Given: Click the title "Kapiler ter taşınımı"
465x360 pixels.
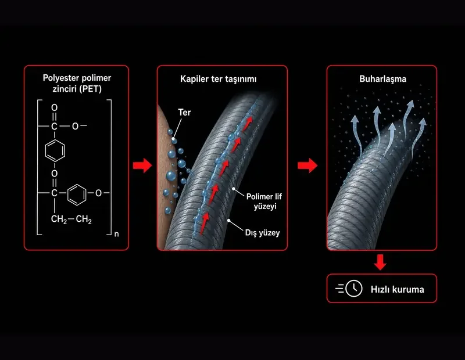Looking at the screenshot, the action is tap(219, 79).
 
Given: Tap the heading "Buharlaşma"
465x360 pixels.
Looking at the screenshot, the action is tap(382, 79).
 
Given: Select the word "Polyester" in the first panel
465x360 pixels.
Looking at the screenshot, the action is tap(60, 78).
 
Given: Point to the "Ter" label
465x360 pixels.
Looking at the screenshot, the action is tap(184, 112).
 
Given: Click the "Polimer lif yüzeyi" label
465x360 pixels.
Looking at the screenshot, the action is tap(264, 201).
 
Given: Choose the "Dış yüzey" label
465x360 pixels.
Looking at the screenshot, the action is tap(262, 233).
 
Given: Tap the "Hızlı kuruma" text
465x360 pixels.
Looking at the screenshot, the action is tap(397, 289).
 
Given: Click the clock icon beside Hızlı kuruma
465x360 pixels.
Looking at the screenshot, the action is tap(354, 289).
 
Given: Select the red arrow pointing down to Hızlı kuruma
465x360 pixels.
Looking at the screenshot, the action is tap(380, 262).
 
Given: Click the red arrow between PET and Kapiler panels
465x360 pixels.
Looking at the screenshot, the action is tap(142, 165).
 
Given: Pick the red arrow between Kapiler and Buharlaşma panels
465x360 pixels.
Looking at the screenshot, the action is tap(307, 165).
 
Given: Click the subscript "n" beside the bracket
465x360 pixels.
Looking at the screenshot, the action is tap(117, 234).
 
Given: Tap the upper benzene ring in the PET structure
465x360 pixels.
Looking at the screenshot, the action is tap(55, 150).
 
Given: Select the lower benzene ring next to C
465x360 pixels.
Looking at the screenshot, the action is tap(77, 195).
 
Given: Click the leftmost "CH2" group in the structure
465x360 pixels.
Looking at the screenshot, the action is tap(59, 219).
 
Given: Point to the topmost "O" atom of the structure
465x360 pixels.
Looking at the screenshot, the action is tap(54, 107).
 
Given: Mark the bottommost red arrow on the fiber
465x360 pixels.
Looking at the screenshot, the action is tap(204, 224).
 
